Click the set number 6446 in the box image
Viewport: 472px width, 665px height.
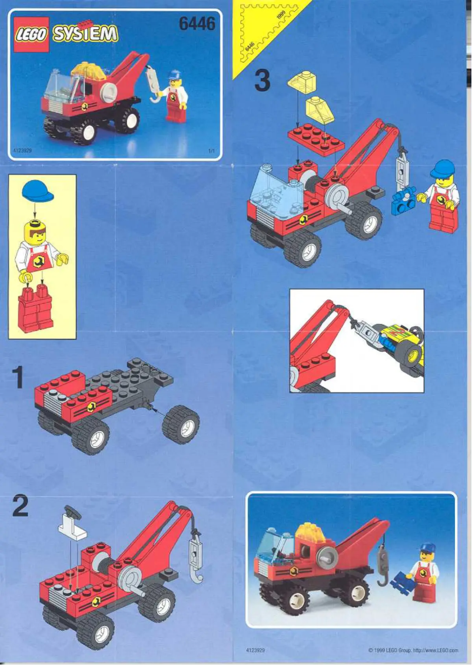click(197, 24)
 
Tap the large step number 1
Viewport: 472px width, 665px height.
click(19, 378)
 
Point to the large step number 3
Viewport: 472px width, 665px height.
click(262, 81)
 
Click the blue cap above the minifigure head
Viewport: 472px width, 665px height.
click(37, 190)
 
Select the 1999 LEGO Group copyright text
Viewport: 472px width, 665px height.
click(413, 650)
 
